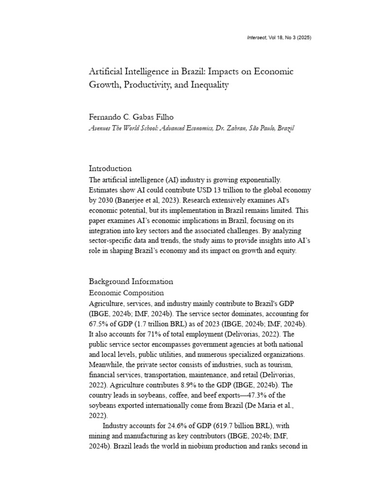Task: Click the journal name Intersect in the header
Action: [x=257, y=38]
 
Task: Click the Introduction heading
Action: [x=110, y=168]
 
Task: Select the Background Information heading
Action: [x=131, y=282]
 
